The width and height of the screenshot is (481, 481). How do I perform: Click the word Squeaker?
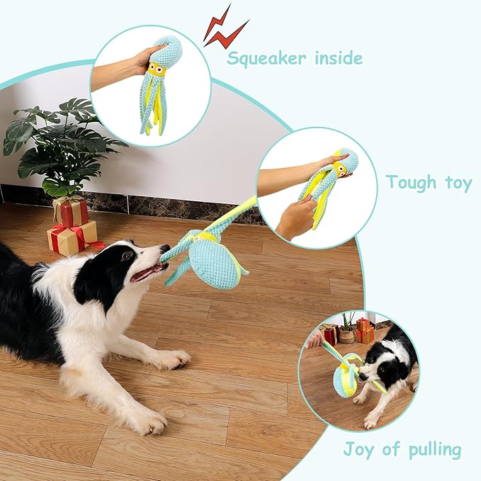tap(266, 59)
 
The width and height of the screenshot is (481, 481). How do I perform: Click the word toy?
tap(458, 183)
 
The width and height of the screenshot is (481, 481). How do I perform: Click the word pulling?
tap(435, 451)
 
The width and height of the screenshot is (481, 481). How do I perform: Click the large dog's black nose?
tap(165, 248)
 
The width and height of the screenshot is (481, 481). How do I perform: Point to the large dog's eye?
tap(125, 256)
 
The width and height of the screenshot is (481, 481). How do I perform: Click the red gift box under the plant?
tap(71, 211)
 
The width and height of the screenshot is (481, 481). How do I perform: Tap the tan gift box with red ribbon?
tap(73, 238)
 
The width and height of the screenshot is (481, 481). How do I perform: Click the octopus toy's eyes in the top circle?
tap(156, 69)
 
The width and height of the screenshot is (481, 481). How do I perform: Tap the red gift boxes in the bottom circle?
tap(364, 331)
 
